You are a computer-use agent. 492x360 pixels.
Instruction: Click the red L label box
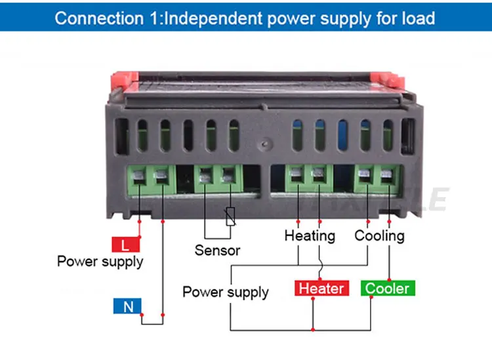pyautogui.click(x=126, y=245)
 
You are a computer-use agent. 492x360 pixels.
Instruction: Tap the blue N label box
pyautogui.click(x=129, y=306)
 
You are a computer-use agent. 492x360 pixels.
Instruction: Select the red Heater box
pyautogui.click(x=321, y=289)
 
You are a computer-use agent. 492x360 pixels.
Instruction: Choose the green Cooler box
pyautogui.click(x=387, y=289)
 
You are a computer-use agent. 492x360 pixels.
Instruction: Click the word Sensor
pyautogui.click(x=217, y=250)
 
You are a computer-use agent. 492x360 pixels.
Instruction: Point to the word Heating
pyautogui.click(x=309, y=235)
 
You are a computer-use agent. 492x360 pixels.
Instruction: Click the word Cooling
pyautogui.click(x=379, y=235)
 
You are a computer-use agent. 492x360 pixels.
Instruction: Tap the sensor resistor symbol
pyautogui.click(x=230, y=217)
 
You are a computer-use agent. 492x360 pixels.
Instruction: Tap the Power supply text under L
pyautogui.click(x=100, y=262)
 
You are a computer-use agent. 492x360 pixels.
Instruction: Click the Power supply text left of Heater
pyautogui.click(x=225, y=292)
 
